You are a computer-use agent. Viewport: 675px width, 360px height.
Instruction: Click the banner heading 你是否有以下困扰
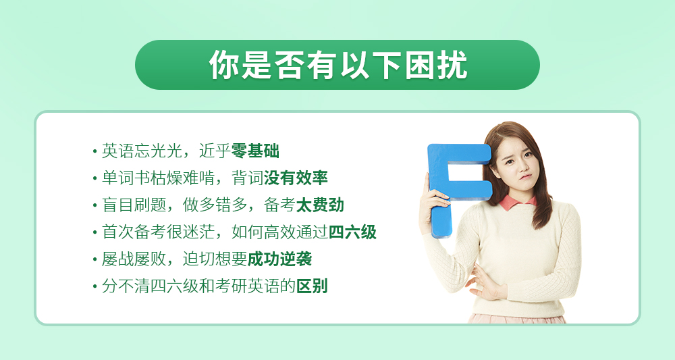(338, 65)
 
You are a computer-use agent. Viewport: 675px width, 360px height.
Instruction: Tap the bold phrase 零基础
(255, 151)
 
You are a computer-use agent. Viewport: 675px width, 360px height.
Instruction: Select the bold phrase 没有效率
(296, 178)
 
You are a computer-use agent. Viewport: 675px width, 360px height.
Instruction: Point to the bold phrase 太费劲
(320, 205)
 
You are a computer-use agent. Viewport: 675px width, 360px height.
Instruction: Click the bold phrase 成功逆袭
(280, 259)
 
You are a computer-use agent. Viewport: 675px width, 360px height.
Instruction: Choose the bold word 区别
(312, 286)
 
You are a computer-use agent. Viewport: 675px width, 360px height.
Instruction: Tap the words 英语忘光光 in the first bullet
(142, 151)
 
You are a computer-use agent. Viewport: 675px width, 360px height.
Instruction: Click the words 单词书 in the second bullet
(126, 178)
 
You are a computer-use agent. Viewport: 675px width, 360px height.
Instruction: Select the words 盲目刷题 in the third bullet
(134, 205)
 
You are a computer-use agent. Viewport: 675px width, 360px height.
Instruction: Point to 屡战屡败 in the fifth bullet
(134, 259)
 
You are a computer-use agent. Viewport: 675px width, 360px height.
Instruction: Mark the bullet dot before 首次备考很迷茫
(94, 232)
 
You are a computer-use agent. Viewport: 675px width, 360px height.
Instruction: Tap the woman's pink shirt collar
(518, 203)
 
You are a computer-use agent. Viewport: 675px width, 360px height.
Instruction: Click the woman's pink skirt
(516, 319)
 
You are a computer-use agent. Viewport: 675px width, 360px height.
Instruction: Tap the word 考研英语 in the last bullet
(248, 286)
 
